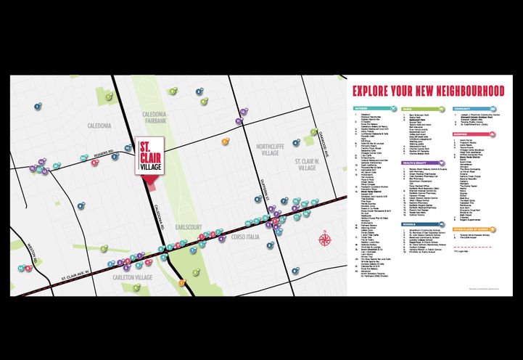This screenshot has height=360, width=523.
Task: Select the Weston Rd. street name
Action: pyautogui.click(x=30, y=258)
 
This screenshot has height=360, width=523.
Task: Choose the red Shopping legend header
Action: pyautogui.click(x=460, y=134)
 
